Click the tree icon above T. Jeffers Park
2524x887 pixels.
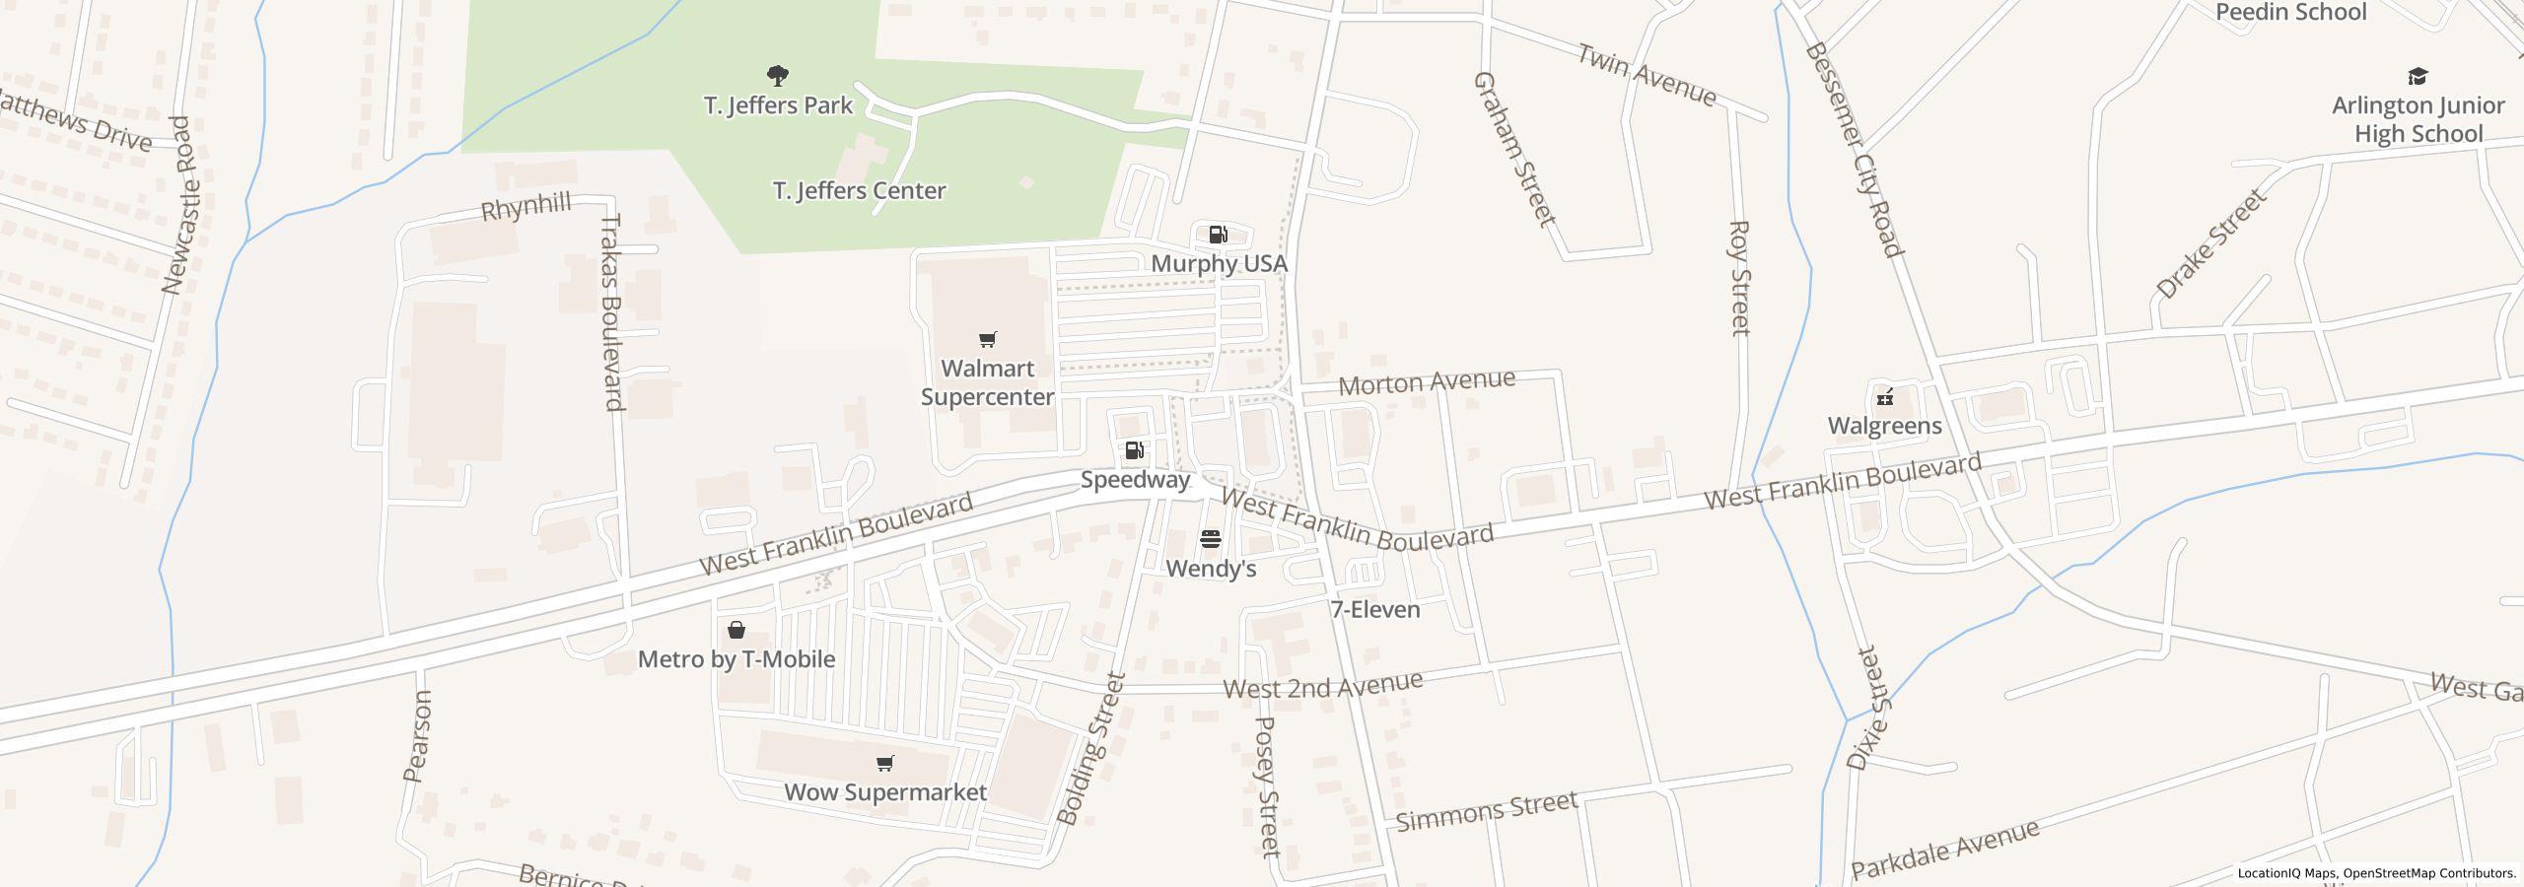(778, 75)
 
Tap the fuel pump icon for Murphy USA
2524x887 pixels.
(1218, 235)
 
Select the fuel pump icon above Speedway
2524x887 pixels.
(1134, 450)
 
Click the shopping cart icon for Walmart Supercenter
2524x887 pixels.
(987, 340)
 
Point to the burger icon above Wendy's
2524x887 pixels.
(1211, 539)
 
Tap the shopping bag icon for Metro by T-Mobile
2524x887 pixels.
(736, 630)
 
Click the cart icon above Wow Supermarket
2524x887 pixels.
(884, 764)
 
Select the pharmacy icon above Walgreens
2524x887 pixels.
(1885, 397)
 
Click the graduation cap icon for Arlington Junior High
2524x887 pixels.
(2418, 77)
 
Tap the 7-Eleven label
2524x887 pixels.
(1374, 610)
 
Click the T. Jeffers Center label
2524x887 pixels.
(859, 191)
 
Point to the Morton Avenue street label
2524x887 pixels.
(1426, 381)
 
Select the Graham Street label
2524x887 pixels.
(1512, 148)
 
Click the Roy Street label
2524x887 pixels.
(1739, 278)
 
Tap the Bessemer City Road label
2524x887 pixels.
(1852, 149)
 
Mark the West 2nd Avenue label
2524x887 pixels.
(1322, 685)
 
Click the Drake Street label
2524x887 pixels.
(2210, 244)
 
